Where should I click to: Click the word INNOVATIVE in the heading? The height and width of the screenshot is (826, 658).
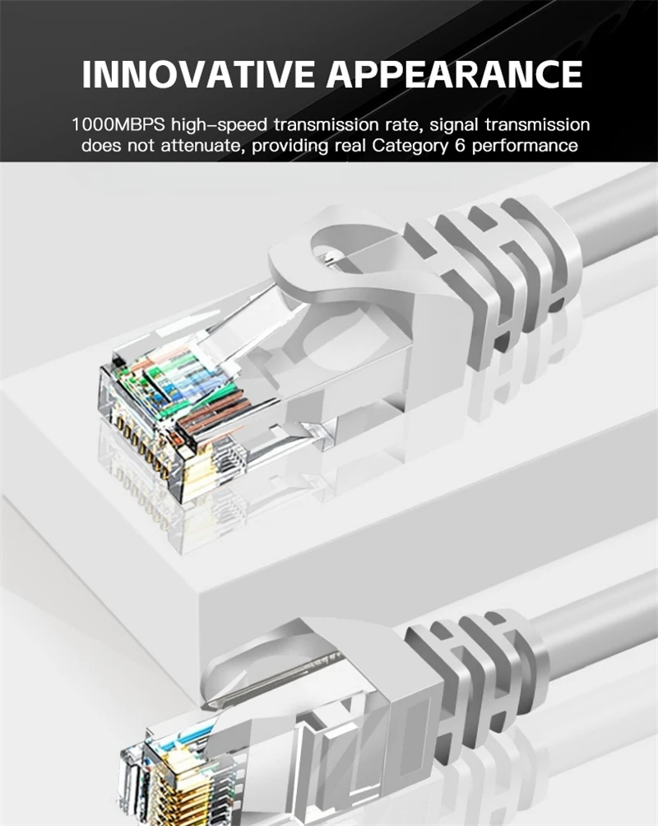[198, 74]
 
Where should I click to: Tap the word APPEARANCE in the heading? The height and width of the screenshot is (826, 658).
[455, 74]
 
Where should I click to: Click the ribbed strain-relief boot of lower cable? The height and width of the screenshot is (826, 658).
[477, 667]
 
